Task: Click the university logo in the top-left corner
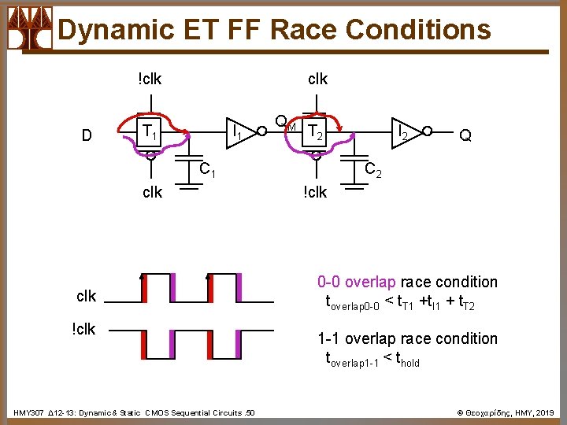(x=30, y=28)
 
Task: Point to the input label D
(x=88, y=135)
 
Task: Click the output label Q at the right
(x=465, y=135)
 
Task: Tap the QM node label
(x=284, y=123)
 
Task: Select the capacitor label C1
(x=207, y=169)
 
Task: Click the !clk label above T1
(x=150, y=79)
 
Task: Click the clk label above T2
(x=317, y=79)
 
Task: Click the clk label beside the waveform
(x=87, y=296)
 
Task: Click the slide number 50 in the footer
(x=250, y=413)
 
